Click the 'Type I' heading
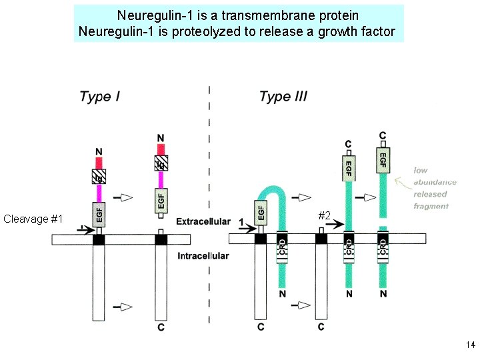tap(99, 97)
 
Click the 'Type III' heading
tap(283, 97)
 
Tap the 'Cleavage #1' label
tap(33, 219)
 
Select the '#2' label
tap(325, 215)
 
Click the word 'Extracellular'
tap(203, 221)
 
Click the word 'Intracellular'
tap(203, 256)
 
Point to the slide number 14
tap(471, 345)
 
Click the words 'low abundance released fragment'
tap(434, 188)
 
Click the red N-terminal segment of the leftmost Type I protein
tap(99, 161)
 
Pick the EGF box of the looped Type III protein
tap(261, 212)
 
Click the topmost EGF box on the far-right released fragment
tap(383, 160)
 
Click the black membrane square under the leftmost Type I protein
tap(99, 239)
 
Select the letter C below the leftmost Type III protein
tap(261, 327)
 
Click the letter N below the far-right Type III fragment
tap(383, 294)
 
